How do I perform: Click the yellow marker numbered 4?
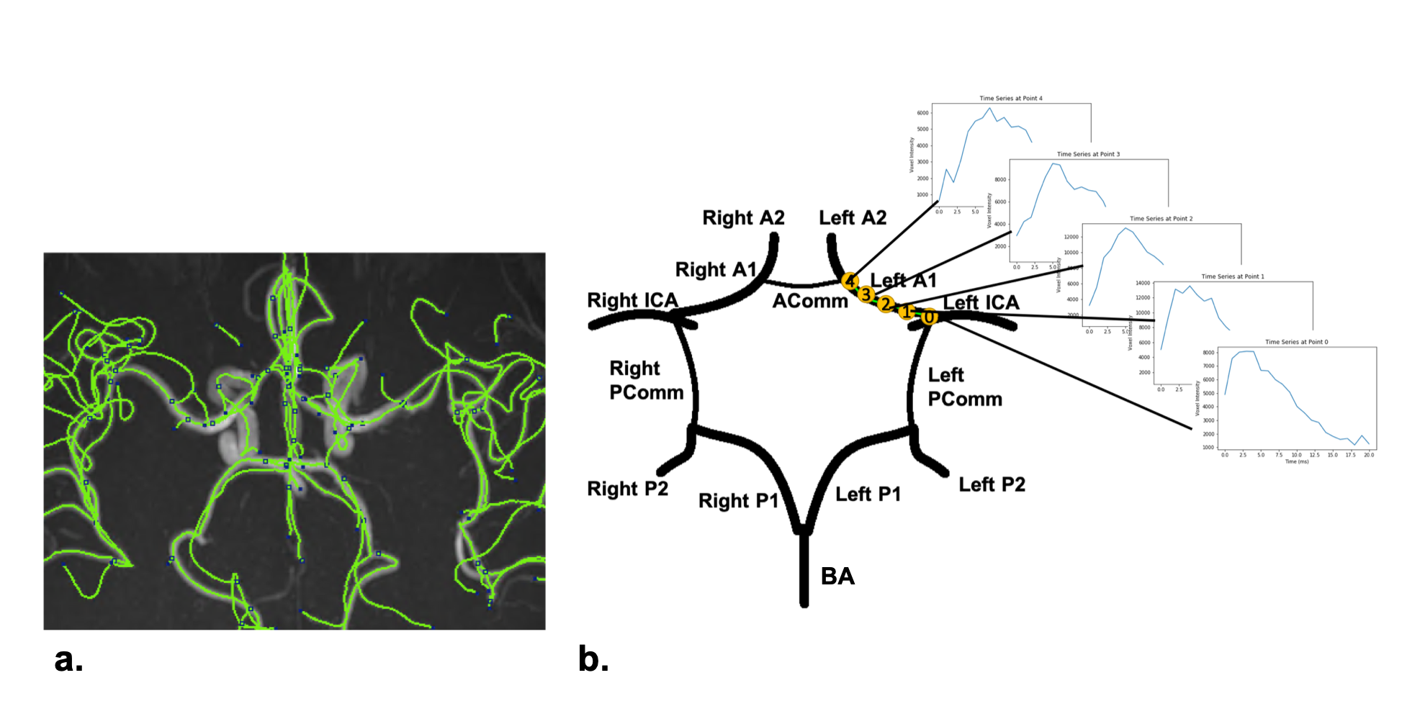point(850,281)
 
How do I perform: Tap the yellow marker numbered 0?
point(929,317)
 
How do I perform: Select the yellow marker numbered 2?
point(886,304)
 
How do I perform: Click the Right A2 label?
point(743,217)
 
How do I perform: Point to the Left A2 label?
point(853,217)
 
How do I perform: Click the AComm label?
point(810,301)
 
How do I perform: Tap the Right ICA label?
point(632,300)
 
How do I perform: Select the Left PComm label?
point(964,387)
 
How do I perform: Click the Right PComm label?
point(646,380)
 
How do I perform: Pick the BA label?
point(837,576)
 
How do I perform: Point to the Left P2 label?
point(992,484)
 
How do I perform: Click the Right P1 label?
point(738,500)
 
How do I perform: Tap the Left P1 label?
point(868,494)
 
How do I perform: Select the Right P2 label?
point(627,489)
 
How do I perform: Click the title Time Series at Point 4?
point(1010,99)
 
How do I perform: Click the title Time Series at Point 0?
point(1296,342)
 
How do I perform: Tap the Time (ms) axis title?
point(1296,461)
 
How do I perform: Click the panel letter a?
point(68,659)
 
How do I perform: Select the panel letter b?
point(593,659)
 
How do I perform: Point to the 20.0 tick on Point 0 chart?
point(1368,455)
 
